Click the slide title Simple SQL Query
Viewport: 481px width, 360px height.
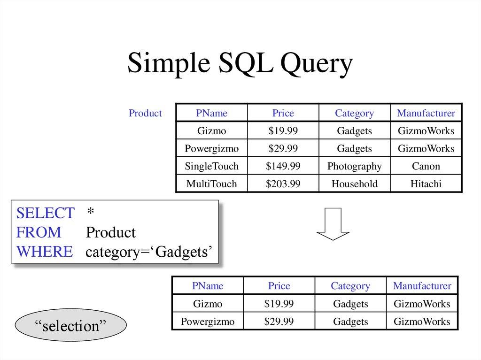point(240,63)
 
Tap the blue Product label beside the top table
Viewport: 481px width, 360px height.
point(145,113)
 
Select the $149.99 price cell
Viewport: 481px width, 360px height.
point(283,166)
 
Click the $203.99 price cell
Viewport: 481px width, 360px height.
point(283,184)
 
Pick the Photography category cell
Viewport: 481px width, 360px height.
point(354,166)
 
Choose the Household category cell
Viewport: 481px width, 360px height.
point(354,184)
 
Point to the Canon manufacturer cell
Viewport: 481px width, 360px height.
point(426,166)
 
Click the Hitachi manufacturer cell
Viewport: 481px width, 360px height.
point(426,184)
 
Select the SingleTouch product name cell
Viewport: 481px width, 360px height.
point(211,166)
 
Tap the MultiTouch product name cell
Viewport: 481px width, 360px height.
point(211,184)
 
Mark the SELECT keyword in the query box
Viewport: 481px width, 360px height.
point(45,213)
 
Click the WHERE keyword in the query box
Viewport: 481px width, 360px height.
point(45,252)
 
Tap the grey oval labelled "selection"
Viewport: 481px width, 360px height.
point(71,326)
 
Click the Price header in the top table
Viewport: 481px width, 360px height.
point(283,113)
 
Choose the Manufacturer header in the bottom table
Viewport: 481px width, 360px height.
point(422,286)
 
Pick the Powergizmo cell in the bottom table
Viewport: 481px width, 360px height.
point(208,322)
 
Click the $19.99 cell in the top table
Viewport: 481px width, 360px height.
point(283,131)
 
